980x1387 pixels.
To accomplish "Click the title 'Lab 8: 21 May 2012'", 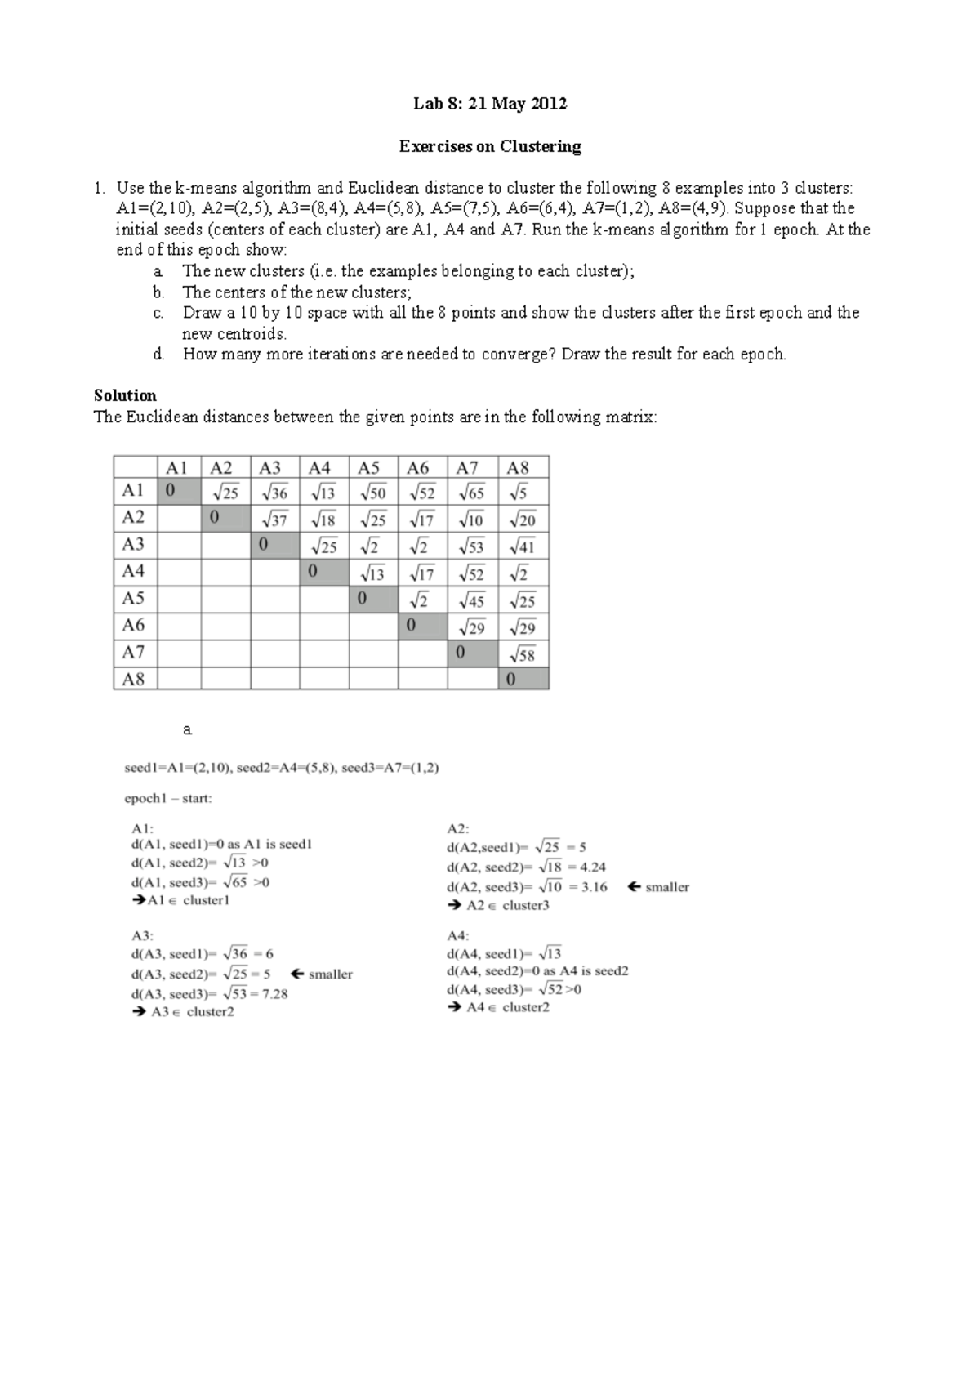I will tap(489, 104).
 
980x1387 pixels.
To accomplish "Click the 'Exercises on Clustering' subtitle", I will tap(489, 146).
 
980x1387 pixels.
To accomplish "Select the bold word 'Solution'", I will tap(125, 395).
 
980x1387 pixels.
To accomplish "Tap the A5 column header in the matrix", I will tap(369, 468).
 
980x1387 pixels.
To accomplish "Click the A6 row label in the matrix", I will tap(133, 625).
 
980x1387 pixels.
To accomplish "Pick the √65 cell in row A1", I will tap(472, 492).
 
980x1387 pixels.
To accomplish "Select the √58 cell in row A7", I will tap(522, 654).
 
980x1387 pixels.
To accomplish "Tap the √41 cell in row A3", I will tap(522, 546).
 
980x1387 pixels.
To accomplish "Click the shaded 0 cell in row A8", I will tap(522, 679).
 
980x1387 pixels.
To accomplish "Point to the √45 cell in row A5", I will tap(472, 601).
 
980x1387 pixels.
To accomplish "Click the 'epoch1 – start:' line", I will tap(167, 798).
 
